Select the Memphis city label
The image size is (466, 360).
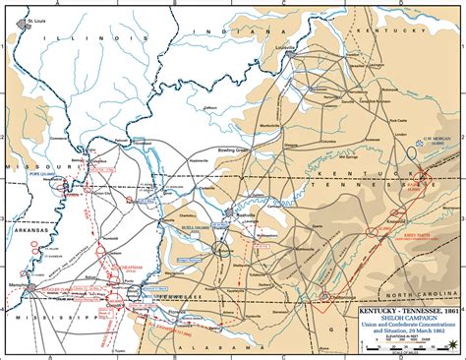point(20,259)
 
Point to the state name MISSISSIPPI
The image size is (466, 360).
point(49,291)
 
